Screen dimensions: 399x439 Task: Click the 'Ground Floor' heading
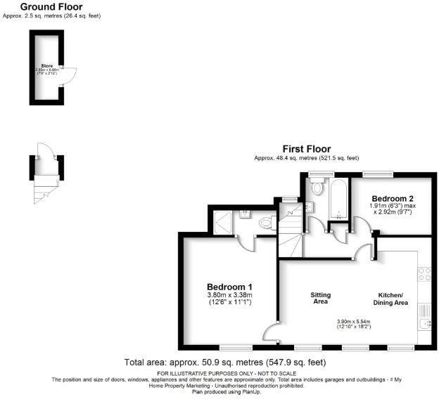click(x=51, y=6)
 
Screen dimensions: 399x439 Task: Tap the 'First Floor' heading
click(x=306, y=148)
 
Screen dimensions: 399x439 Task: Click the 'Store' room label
click(x=47, y=65)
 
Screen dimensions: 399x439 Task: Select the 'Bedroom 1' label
click(x=229, y=287)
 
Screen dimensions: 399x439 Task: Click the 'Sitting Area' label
click(x=321, y=298)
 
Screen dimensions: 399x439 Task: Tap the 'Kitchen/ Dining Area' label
click(x=390, y=298)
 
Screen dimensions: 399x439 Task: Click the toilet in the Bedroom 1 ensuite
click(x=266, y=223)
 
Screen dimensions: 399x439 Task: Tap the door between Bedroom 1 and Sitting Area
click(x=272, y=334)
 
